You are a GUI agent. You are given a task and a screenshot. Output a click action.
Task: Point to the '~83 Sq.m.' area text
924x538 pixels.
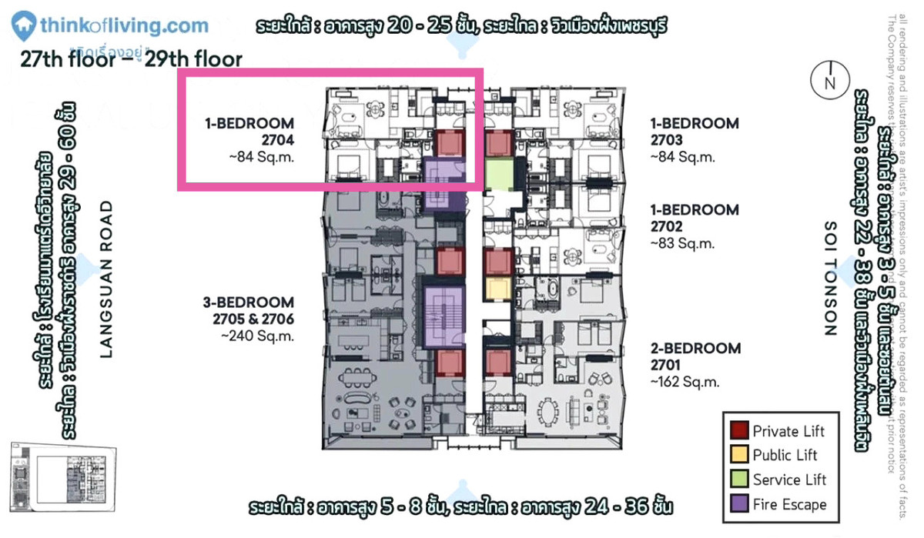(x=683, y=243)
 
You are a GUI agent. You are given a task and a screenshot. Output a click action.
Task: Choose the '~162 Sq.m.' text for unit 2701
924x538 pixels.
(x=685, y=382)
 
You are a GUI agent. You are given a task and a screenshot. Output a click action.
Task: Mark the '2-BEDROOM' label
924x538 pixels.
(x=695, y=348)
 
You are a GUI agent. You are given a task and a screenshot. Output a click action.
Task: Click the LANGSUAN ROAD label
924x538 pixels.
(x=106, y=279)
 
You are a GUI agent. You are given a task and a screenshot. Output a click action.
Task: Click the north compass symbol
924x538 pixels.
(x=829, y=81)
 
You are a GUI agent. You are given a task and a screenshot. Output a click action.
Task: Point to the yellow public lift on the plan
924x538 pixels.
(x=498, y=289)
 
